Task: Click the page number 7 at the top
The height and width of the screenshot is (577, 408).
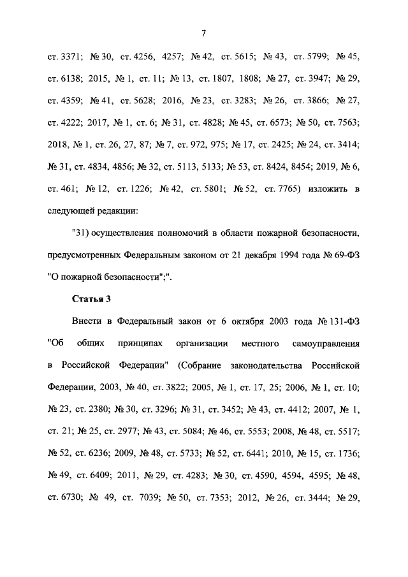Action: click(x=204, y=33)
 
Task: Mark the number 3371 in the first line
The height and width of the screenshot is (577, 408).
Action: click(x=68, y=56)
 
